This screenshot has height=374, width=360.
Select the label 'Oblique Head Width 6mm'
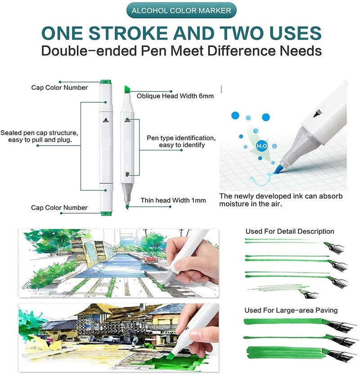click(175, 96)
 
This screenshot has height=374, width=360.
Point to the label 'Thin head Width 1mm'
click(169, 201)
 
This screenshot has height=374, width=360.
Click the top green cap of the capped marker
click(106, 82)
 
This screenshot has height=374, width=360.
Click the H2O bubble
click(262, 146)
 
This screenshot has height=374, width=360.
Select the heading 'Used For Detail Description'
click(290, 232)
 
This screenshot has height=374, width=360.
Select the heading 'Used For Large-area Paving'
click(291, 310)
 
